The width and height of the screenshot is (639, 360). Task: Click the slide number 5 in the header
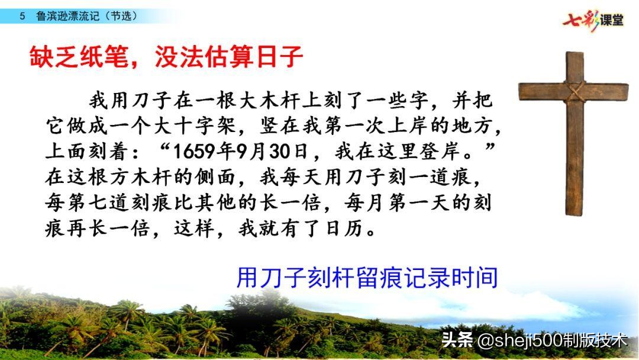click(x=22, y=17)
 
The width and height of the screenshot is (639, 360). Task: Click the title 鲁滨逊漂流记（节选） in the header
click(x=86, y=17)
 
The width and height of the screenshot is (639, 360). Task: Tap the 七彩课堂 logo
click(x=594, y=20)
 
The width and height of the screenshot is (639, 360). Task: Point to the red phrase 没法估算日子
click(x=229, y=58)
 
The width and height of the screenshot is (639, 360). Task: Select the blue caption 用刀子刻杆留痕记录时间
click(x=366, y=278)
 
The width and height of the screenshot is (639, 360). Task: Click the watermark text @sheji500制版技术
click(x=551, y=340)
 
